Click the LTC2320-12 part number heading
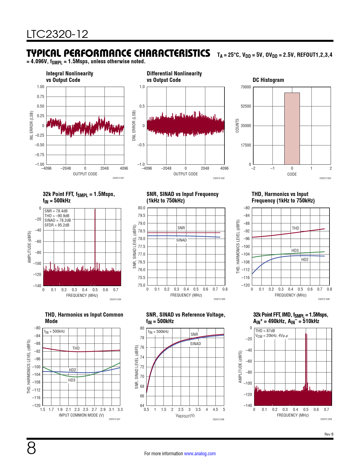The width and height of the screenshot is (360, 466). point(57,34)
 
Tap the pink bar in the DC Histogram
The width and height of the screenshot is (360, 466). point(292,129)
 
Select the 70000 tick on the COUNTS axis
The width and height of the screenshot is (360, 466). point(246,87)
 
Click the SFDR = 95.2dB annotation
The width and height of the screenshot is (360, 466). point(57,225)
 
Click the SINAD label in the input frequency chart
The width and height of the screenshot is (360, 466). point(181,240)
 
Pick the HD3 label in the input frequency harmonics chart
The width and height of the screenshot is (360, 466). point(295,251)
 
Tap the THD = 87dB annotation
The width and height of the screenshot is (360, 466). point(265,331)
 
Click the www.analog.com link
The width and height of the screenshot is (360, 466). point(200,454)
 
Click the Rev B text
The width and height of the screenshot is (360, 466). point(329,434)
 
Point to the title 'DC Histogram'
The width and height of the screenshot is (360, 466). point(268,80)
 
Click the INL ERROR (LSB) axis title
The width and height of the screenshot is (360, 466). point(32,125)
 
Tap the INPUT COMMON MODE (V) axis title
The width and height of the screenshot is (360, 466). point(81,415)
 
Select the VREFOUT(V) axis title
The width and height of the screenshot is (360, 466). point(185,416)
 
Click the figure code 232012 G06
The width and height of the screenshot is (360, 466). point(324,299)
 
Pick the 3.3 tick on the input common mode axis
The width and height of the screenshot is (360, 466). point(120,410)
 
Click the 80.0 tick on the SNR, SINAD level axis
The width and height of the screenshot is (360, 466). point(141,208)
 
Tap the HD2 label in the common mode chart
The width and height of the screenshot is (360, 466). point(72,370)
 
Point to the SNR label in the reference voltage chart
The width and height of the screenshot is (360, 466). point(194,334)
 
